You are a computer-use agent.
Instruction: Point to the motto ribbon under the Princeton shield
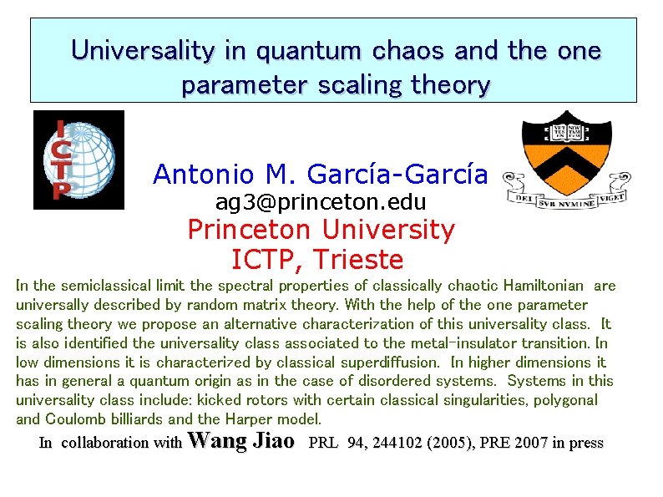click(x=567, y=199)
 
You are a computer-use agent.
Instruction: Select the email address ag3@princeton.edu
click(x=321, y=202)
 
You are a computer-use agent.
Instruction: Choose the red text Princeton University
click(x=321, y=230)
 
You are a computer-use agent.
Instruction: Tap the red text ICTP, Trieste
click(x=316, y=259)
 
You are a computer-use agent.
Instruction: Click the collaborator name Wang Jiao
click(x=242, y=441)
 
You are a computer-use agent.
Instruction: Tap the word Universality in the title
click(x=142, y=51)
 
